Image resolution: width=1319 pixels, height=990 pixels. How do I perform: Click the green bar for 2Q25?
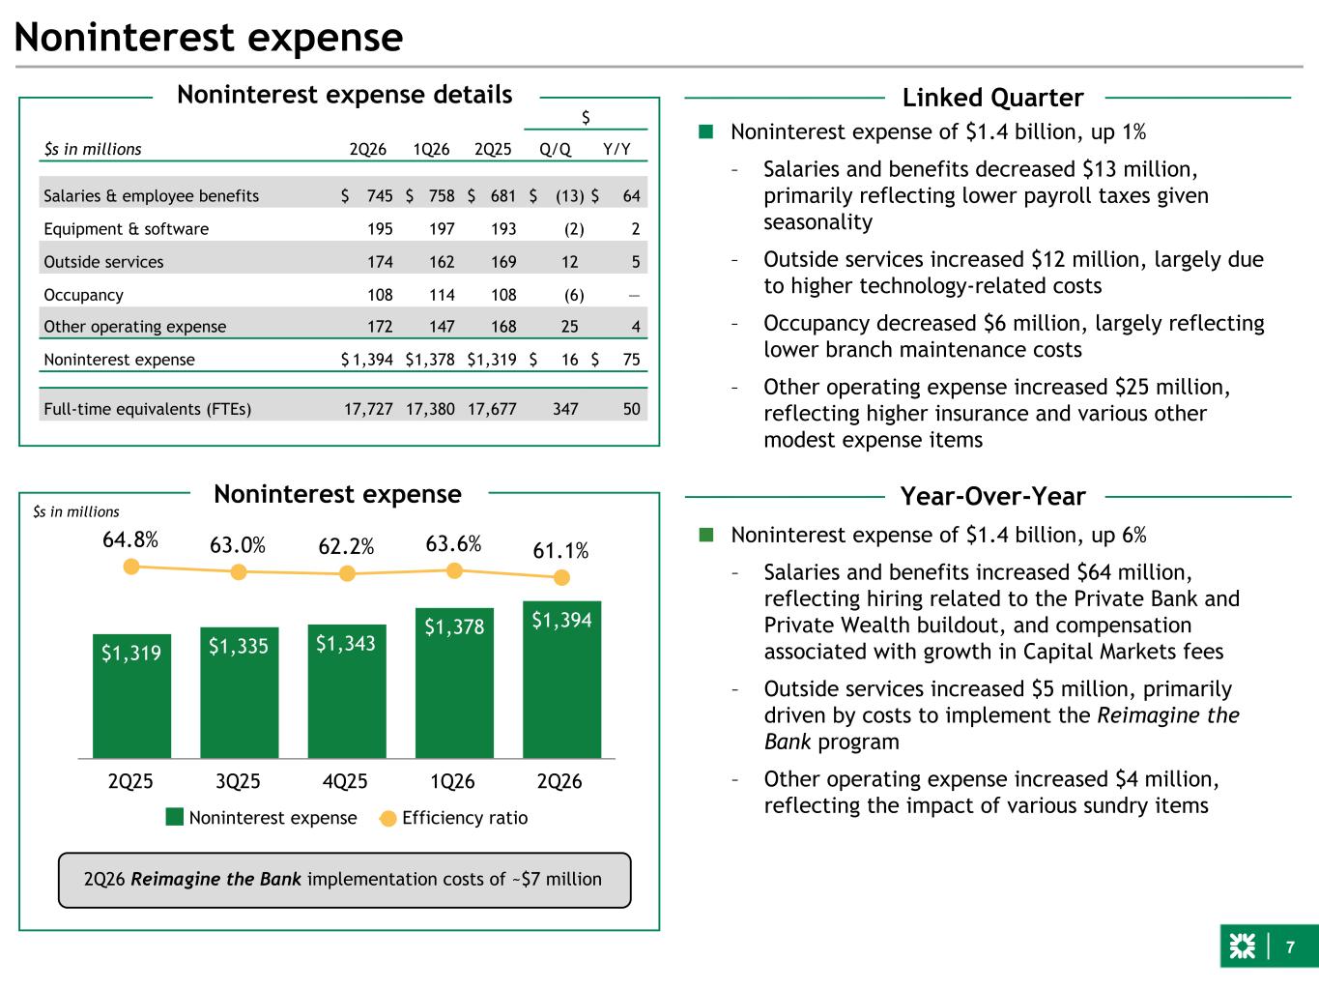click(x=131, y=696)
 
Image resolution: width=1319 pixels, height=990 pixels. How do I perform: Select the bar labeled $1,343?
click(x=347, y=691)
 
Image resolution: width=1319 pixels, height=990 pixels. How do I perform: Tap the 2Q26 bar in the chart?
click(x=561, y=680)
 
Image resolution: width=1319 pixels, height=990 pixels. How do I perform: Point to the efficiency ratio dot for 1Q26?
click(x=455, y=570)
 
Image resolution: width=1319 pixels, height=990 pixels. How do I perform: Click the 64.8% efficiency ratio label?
click(x=130, y=539)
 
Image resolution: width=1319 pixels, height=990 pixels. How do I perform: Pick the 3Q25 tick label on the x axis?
click(x=238, y=781)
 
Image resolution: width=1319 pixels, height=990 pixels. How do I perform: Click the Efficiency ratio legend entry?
click(x=454, y=818)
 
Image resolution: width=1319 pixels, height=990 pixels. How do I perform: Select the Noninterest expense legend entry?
click(x=262, y=818)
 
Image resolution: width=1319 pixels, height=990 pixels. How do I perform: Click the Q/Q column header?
click(x=556, y=149)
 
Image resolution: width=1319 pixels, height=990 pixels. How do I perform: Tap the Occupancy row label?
click(x=83, y=295)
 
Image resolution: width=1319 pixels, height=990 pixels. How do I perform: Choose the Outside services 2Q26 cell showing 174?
click(x=380, y=262)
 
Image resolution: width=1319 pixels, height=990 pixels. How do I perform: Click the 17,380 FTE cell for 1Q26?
click(x=430, y=409)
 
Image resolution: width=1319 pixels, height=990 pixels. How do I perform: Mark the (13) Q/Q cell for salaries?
click(x=570, y=196)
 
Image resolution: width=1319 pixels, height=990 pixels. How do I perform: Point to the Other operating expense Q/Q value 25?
click(x=570, y=327)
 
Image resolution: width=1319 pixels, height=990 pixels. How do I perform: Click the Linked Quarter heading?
click(x=992, y=98)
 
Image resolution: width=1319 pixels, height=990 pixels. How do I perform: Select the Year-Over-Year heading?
click(x=992, y=497)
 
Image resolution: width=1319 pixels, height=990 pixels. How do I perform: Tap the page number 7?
click(x=1290, y=947)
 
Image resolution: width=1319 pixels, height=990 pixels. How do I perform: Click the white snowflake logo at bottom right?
click(x=1242, y=946)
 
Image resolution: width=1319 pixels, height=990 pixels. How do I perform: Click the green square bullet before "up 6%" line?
click(x=706, y=535)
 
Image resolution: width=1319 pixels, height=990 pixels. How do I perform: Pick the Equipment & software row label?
click(x=127, y=229)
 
